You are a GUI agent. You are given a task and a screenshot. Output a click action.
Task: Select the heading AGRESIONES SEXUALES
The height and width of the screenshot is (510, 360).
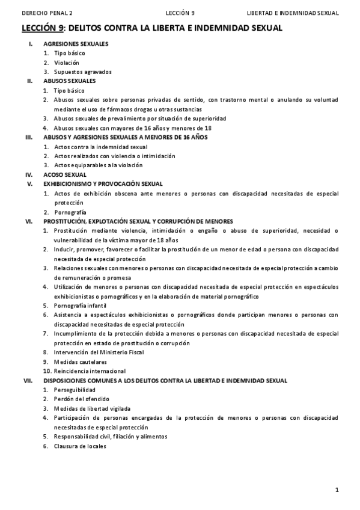point(76,45)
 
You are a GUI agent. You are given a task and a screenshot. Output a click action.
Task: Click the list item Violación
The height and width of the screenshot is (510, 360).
point(66,63)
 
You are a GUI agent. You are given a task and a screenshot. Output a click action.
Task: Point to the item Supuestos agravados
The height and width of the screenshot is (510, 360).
point(82,72)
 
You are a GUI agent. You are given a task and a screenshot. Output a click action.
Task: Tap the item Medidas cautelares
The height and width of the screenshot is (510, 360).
point(80,362)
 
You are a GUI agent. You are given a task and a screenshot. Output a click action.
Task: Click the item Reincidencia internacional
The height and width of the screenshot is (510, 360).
point(90,371)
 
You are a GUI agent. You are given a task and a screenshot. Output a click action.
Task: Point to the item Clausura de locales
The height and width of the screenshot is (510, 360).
point(79,446)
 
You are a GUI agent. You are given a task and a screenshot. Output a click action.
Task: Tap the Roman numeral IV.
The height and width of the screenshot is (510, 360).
point(28,174)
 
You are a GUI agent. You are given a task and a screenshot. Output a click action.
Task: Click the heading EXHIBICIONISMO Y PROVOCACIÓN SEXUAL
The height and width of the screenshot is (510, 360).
point(103,183)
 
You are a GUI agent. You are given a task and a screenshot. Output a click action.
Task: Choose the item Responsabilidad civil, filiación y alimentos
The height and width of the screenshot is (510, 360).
point(110,437)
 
